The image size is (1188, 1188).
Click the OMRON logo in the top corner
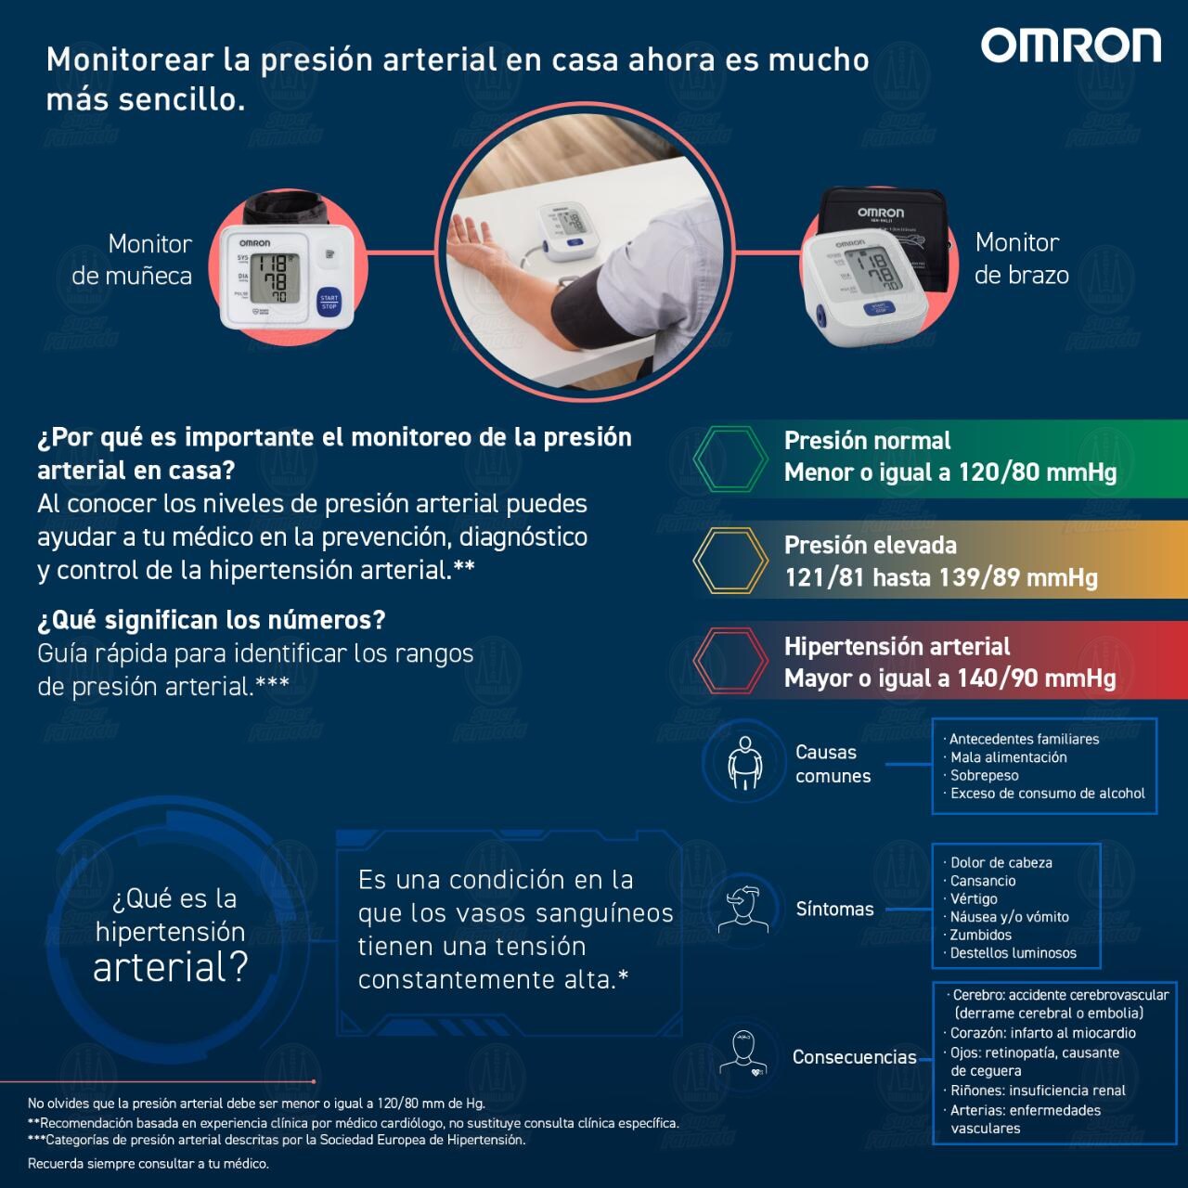(x=1070, y=45)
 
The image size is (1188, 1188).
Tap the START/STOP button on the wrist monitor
(x=329, y=301)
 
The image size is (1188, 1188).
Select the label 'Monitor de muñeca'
(x=132, y=260)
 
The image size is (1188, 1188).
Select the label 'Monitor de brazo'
(x=1021, y=259)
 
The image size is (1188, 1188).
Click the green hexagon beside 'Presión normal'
(x=730, y=458)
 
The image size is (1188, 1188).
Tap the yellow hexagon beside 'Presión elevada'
(x=730, y=561)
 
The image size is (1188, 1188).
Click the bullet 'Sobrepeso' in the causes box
(x=984, y=776)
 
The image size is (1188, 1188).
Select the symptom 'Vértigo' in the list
(x=974, y=899)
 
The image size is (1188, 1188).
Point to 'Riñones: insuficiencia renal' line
(x=1038, y=1091)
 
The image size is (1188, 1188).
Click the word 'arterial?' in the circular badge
(x=171, y=968)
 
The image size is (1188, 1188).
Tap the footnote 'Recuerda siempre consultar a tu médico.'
(x=148, y=1164)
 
